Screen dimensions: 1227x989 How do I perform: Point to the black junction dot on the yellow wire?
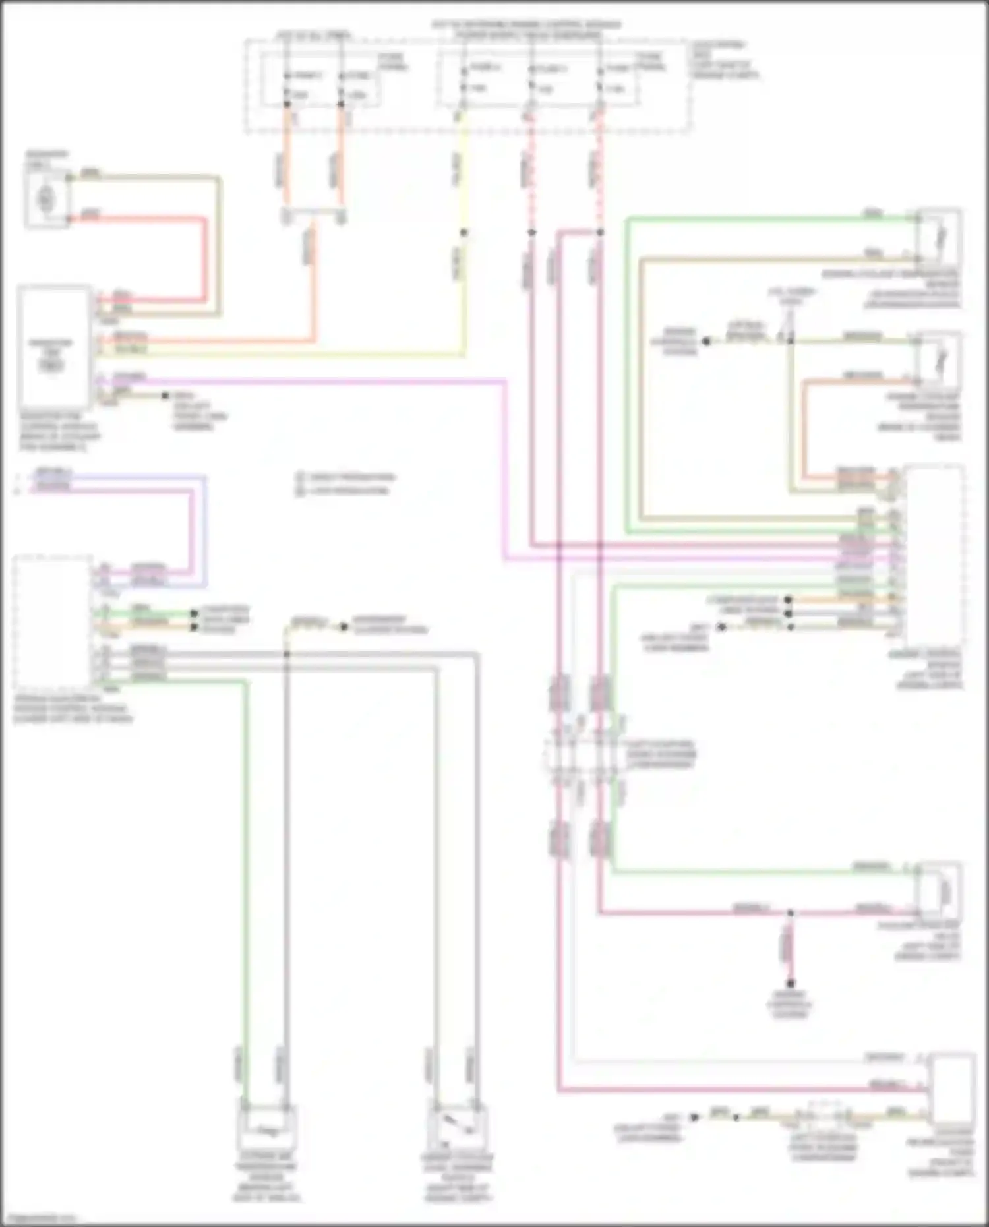point(464,233)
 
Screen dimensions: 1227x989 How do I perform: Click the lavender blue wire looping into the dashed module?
point(205,527)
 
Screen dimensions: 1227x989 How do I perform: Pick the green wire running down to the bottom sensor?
point(245,857)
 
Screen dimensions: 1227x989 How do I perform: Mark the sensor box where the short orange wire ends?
point(939,360)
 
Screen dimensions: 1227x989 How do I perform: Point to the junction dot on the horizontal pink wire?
point(790,913)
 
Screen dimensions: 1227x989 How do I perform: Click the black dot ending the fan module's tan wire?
point(165,396)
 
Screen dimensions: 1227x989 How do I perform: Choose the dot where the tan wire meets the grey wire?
point(286,654)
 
